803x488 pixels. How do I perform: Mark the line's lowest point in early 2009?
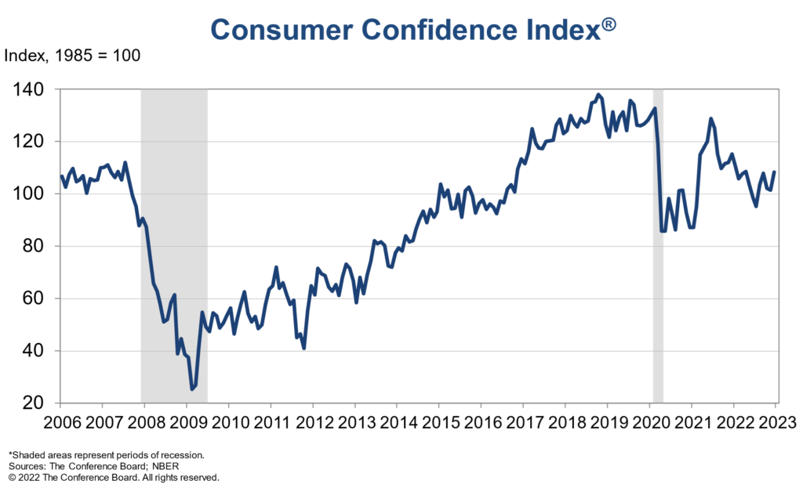pyautogui.click(x=191, y=389)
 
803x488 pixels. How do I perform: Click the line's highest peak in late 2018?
pyautogui.click(x=599, y=95)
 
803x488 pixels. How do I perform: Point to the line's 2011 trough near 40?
pyautogui.click(x=303, y=348)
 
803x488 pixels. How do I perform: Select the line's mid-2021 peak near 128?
pyautogui.click(x=710, y=119)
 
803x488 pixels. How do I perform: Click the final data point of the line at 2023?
pyautogui.click(x=775, y=172)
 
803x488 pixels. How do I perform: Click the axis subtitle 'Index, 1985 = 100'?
pyautogui.click(x=72, y=56)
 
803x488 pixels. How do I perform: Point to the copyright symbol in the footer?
pyautogui.click(x=12, y=476)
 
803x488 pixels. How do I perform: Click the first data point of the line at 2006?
pyautogui.click(x=61, y=176)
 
